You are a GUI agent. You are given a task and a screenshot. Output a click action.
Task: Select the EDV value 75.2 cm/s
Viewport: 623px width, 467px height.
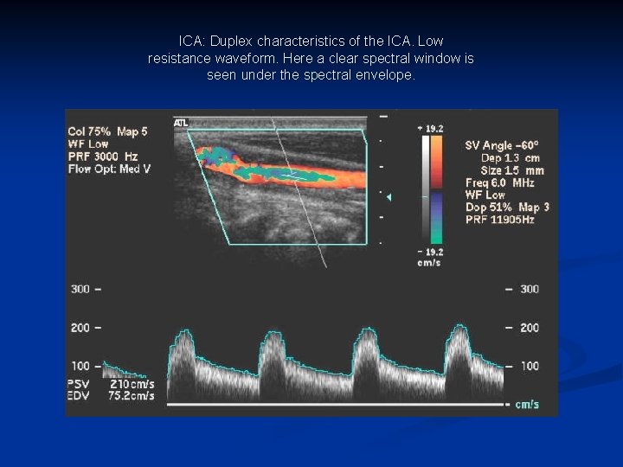tap(132, 395)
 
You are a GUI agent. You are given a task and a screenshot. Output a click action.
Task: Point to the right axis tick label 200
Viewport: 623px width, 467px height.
tap(528, 328)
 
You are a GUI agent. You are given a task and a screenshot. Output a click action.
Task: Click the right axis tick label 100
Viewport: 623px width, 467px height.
tap(528, 366)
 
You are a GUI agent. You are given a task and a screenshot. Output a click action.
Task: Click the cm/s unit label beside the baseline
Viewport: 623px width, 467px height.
tap(528, 404)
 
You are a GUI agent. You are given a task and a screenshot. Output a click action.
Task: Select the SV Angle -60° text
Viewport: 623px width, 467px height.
tap(502, 145)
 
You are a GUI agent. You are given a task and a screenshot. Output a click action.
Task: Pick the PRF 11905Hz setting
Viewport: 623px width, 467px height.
tap(499, 220)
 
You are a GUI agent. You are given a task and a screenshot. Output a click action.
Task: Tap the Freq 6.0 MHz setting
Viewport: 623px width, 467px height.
tap(499, 182)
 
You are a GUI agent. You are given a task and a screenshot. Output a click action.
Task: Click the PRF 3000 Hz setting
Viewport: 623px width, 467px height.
tap(102, 157)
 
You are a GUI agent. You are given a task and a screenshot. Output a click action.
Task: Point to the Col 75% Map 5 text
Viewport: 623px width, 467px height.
tap(108, 131)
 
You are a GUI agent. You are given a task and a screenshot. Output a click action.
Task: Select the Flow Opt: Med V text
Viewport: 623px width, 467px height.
tap(109, 169)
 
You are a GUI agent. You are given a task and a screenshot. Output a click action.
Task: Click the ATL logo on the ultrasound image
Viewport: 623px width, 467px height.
tap(181, 123)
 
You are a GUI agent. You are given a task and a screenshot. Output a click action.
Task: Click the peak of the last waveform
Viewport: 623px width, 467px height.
tap(459, 328)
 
